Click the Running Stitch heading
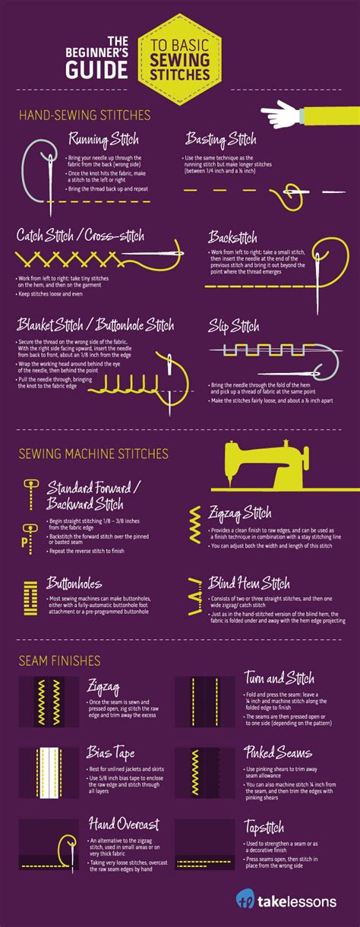click(103, 140)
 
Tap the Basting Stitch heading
click(220, 140)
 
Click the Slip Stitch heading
click(234, 327)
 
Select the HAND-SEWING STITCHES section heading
click(84, 115)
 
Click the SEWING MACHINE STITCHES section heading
click(93, 454)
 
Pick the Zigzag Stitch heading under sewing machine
click(240, 513)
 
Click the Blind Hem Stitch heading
click(249, 584)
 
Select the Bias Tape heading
click(112, 754)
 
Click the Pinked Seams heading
click(278, 753)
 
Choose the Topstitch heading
click(264, 825)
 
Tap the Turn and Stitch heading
click(279, 678)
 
